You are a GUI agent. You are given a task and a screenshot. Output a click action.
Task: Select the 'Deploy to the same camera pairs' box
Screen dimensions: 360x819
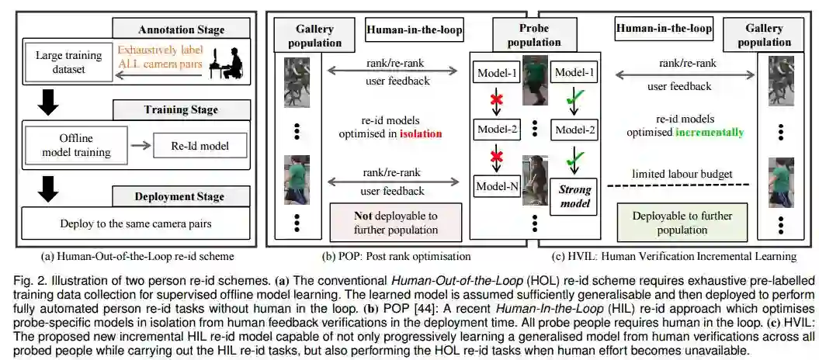click(x=137, y=224)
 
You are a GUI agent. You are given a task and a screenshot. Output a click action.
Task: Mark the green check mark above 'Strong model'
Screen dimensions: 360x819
click(x=574, y=158)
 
